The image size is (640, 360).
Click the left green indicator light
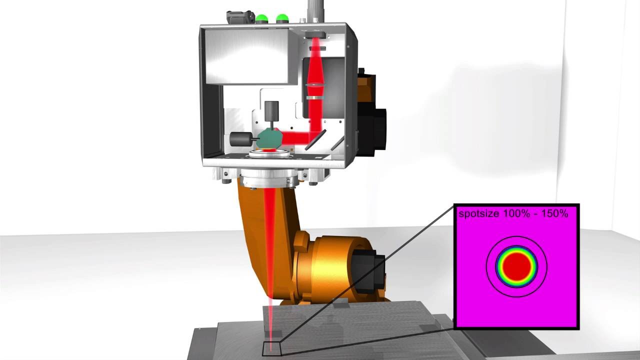262,18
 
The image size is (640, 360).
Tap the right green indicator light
282,18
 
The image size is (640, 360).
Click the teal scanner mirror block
270,136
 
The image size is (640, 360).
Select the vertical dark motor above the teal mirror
271,111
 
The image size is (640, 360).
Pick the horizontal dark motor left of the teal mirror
240,138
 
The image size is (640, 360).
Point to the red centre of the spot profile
516,267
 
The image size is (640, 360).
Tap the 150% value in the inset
554,213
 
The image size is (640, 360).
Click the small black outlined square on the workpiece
272,348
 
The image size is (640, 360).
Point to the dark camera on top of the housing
240,18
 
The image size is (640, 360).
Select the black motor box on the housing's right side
377,131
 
